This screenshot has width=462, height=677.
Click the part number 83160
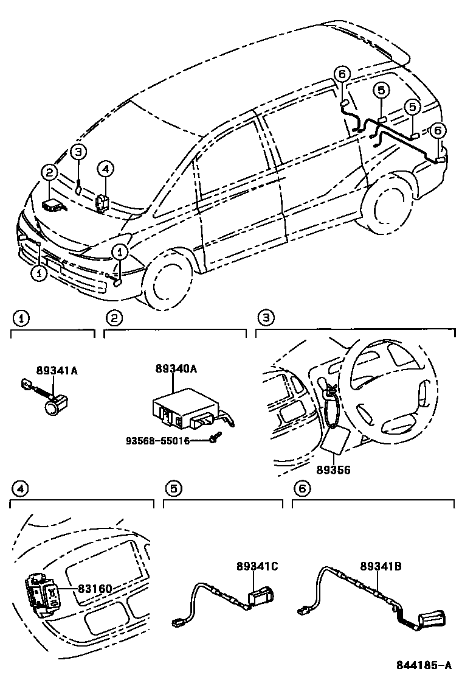pyautogui.click(x=95, y=589)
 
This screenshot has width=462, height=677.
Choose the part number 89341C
pyautogui.click(x=257, y=566)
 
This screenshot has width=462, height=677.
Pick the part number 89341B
pyautogui.click(x=381, y=566)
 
